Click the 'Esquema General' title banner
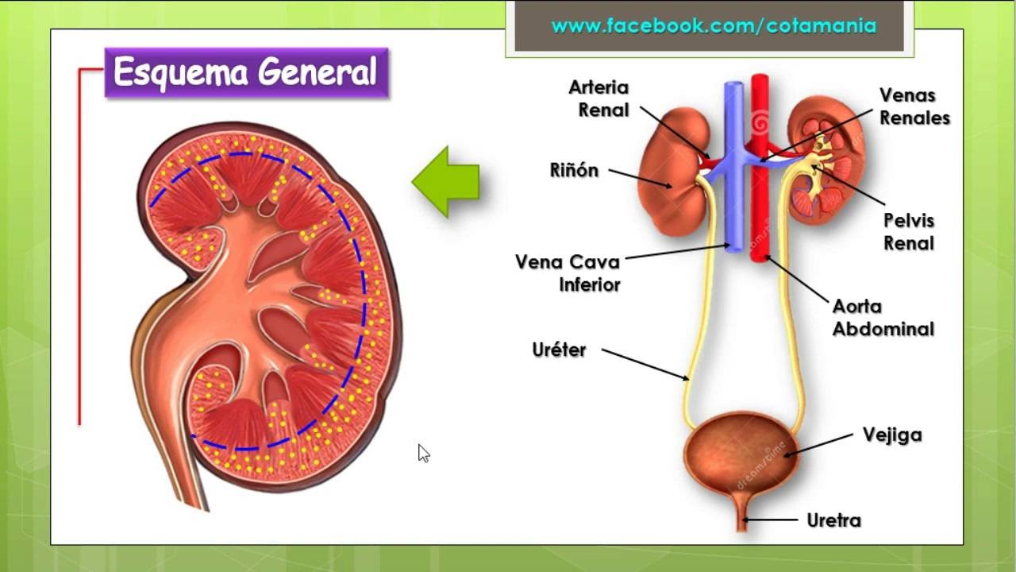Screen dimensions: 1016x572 tap(247, 72)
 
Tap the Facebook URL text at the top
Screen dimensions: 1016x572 tap(714, 25)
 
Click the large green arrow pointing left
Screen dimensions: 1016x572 tap(445, 182)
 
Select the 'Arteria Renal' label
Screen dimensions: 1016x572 tap(598, 99)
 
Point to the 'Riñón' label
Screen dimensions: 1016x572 tap(574, 170)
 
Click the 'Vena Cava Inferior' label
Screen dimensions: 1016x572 tap(568, 273)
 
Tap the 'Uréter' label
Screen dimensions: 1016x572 tap(559, 350)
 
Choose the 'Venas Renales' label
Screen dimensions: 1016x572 tap(914, 106)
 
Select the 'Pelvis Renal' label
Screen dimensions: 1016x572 tap(909, 232)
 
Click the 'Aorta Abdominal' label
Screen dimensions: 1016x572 tap(883, 318)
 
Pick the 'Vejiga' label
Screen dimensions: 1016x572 tap(892, 435)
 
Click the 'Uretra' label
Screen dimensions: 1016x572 tap(833, 520)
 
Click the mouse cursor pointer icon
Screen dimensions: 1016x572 tap(424, 454)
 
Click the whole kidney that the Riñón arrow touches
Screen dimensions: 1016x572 tap(674, 172)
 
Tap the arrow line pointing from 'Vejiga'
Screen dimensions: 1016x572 tap(818, 445)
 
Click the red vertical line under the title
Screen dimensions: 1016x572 tap(80, 247)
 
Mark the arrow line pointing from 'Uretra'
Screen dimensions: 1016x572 tap(770, 520)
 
